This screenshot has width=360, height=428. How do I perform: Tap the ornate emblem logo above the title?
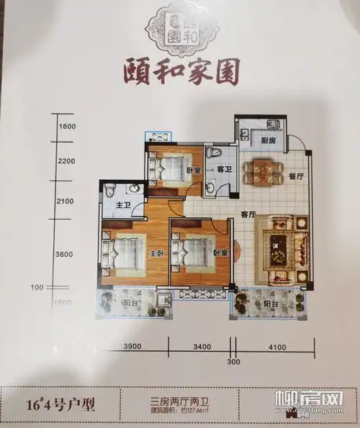coord(179,28)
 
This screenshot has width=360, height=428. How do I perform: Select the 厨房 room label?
coord(269,140)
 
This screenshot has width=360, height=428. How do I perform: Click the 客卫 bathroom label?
coord(222,170)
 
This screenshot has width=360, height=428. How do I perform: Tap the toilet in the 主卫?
coord(109,191)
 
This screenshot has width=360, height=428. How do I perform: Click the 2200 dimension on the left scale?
coord(66,161)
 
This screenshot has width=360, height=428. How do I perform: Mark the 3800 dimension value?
coord(66,253)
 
